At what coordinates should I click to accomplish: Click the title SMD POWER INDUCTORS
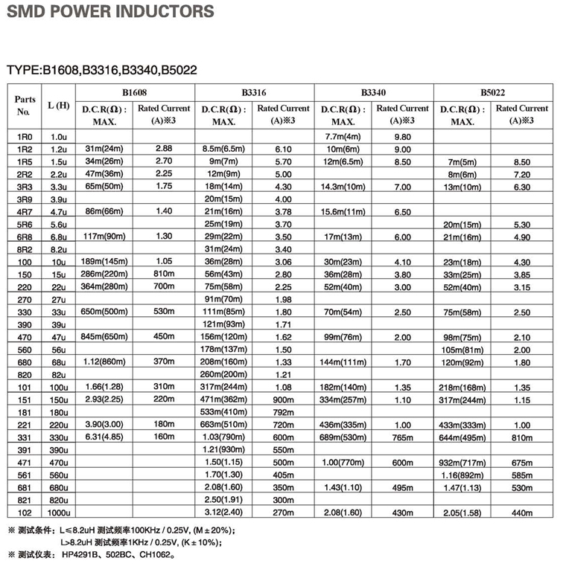(x=109, y=13)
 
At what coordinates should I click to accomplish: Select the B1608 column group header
(x=135, y=92)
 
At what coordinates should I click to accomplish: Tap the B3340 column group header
(x=373, y=92)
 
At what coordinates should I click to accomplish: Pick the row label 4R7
(x=25, y=212)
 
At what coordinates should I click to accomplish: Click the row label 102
(x=25, y=513)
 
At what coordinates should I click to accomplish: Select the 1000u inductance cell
(x=58, y=513)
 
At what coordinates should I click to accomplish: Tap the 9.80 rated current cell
(x=402, y=137)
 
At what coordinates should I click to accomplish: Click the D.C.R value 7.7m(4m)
(x=343, y=137)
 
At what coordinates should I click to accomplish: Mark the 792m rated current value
(x=283, y=412)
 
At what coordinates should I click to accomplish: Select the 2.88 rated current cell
(x=164, y=149)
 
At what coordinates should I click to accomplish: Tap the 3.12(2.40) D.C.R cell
(x=224, y=513)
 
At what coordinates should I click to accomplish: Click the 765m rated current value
(x=402, y=437)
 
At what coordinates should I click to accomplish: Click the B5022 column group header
(x=492, y=92)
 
